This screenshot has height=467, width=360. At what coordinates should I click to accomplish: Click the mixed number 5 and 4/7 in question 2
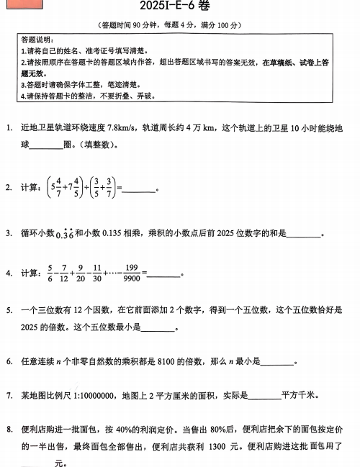[55, 187]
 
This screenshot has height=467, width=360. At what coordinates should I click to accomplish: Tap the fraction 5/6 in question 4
[50, 273]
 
